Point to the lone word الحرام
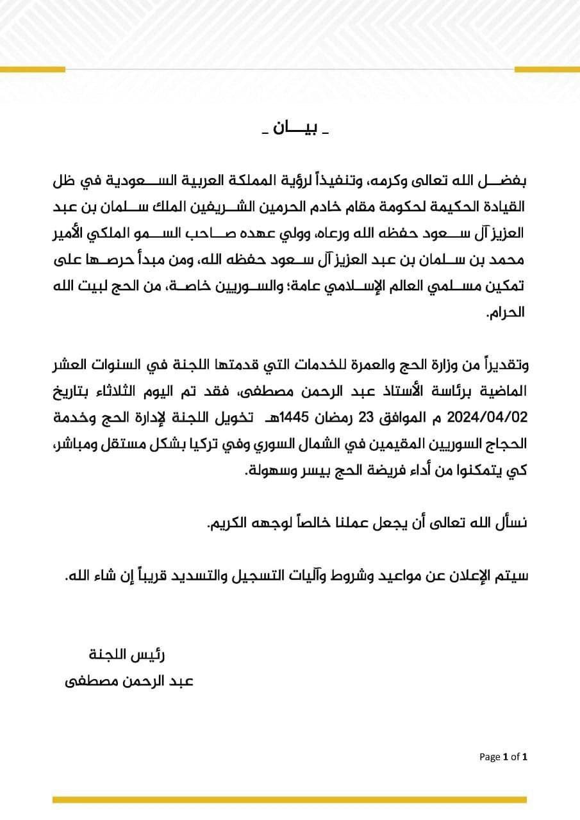(x=506, y=313)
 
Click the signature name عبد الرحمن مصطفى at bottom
(x=129, y=681)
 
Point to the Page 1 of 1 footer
(x=503, y=757)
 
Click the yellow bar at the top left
(x=32, y=69)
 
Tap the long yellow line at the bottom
(x=290, y=799)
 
